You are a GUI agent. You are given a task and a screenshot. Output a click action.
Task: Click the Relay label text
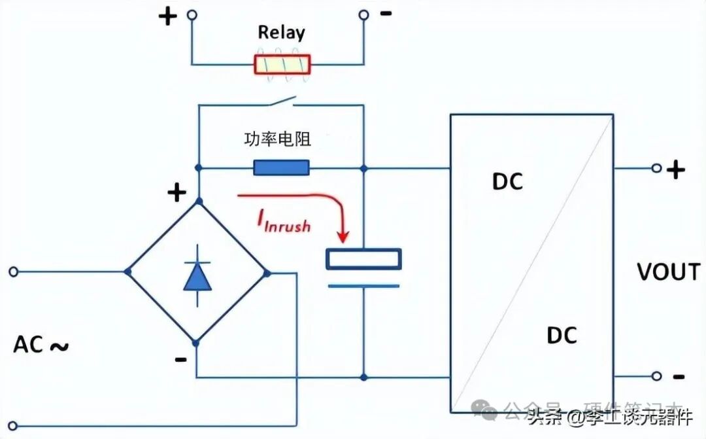281,32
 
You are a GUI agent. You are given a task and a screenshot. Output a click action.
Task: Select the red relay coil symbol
282,64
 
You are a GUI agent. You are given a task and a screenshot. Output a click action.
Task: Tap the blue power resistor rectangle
281,168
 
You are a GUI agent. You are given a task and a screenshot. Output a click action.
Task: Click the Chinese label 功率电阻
277,139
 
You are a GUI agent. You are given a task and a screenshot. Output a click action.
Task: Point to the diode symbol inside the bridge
197,277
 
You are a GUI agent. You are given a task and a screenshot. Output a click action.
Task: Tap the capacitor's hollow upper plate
363,259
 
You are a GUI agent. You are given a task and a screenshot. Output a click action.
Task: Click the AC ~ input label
41,345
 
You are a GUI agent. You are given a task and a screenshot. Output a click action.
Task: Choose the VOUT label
668,272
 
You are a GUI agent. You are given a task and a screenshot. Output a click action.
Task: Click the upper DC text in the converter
507,182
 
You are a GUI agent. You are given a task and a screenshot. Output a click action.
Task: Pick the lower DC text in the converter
562,336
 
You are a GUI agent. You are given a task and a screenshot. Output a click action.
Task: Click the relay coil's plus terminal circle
192,14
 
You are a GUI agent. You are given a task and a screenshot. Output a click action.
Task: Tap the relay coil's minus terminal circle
363,14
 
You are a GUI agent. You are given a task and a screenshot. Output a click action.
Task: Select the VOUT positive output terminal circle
656,168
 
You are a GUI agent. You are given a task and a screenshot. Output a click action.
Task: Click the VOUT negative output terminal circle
656,376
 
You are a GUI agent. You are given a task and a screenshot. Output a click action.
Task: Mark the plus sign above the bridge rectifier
176,192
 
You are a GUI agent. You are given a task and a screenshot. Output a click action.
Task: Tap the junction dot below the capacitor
363,377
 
